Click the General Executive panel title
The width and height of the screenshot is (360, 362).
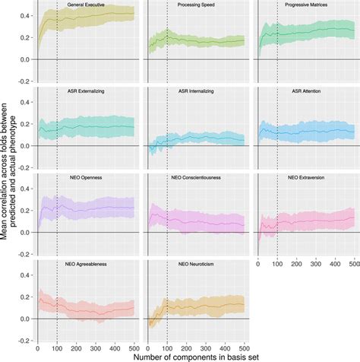[x=85, y=5]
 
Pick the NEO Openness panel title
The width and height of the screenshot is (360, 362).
[x=85, y=177]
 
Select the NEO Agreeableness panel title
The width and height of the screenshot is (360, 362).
[x=85, y=264]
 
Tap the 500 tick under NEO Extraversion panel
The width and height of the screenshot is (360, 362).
[x=353, y=261]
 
